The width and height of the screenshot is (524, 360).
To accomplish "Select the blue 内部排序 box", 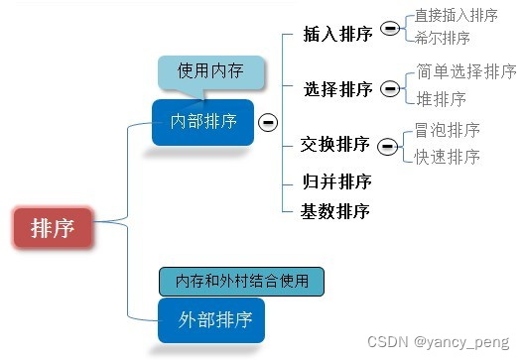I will (x=203, y=122).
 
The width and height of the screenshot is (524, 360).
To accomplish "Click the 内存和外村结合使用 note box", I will (x=242, y=281).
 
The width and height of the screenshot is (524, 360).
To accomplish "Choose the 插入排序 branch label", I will (x=338, y=34).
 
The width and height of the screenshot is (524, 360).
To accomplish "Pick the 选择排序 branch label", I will (x=338, y=89).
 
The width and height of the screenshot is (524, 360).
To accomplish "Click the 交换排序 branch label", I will (x=335, y=145).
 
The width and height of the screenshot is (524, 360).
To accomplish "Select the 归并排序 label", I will (x=336, y=181).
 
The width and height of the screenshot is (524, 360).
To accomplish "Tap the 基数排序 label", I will (x=335, y=210).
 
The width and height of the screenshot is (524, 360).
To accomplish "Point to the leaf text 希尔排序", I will (x=443, y=38).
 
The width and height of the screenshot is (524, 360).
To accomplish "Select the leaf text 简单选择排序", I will (x=465, y=71).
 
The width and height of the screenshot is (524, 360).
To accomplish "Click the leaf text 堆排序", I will (x=441, y=99).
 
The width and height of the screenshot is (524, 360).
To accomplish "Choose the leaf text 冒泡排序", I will (x=448, y=130).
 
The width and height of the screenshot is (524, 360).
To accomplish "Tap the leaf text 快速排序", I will (x=448, y=157).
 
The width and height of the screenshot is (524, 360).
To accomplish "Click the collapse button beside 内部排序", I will (x=267, y=122).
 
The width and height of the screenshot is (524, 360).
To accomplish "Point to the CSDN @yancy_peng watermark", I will (x=438, y=341).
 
